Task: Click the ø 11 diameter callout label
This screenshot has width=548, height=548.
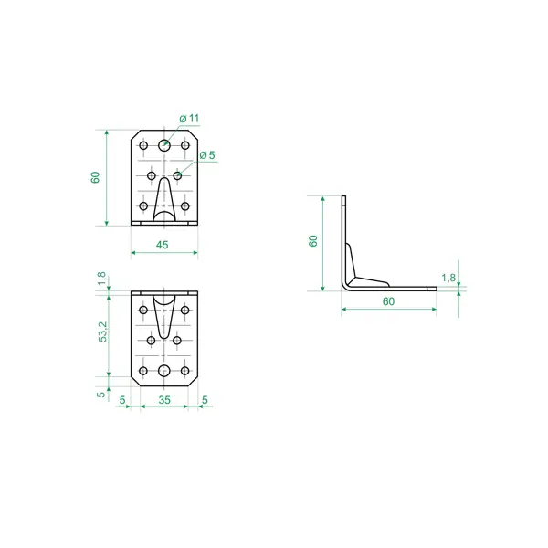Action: (x=189, y=119)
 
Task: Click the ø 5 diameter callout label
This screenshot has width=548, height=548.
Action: (x=207, y=155)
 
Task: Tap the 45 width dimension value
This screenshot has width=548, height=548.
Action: (x=163, y=245)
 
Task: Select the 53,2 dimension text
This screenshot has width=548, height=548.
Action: (x=103, y=332)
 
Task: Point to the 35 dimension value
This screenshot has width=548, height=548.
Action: (x=164, y=400)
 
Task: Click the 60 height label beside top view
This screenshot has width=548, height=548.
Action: (x=95, y=177)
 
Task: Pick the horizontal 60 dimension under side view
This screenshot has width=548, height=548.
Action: (x=389, y=301)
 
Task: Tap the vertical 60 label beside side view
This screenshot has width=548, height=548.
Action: (x=313, y=241)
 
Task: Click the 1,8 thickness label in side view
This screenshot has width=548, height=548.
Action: (x=448, y=278)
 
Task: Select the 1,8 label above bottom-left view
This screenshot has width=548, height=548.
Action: (x=101, y=279)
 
